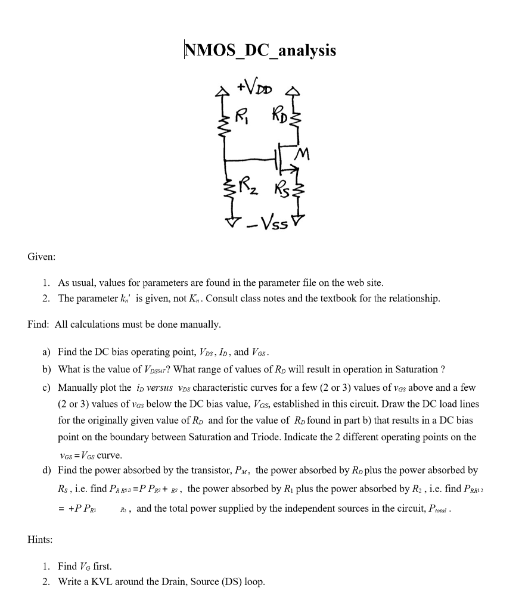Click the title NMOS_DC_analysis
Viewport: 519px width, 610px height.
point(260,51)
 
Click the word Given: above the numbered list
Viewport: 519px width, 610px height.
point(42,257)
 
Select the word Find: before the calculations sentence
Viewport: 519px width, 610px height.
point(39,325)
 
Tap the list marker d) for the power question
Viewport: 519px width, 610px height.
point(46,471)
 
